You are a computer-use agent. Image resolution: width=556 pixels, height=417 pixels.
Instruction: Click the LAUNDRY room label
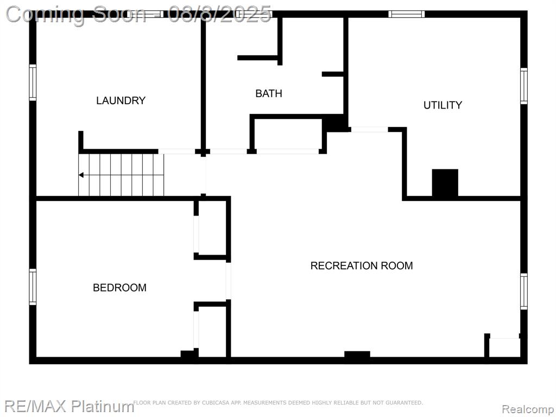[121, 100]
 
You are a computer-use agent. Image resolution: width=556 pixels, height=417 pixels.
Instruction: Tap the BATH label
[269, 93]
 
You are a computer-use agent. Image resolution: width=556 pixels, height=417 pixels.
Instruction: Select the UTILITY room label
[443, 105]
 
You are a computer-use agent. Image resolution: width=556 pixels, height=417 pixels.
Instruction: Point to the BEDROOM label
[120, 287]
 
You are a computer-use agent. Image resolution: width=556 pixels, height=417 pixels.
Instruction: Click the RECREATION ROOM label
[362, 266]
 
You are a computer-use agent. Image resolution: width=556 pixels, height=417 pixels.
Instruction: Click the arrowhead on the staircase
[81, 175]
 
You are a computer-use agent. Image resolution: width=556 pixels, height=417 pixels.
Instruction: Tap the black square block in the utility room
[445, 183]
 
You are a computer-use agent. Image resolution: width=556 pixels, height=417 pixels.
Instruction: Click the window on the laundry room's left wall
[33, 83]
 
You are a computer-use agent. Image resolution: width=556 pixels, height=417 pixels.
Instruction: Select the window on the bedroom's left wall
[33, 287]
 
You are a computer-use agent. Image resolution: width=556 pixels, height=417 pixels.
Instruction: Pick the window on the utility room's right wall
[524, 86]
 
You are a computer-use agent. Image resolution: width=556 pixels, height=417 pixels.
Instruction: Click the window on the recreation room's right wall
[524, 292]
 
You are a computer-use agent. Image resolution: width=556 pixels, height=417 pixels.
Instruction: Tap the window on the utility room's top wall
[406, 14]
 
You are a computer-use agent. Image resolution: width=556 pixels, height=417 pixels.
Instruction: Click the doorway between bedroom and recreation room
[229, 281]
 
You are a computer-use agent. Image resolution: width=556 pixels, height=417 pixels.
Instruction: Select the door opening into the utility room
[369, 129]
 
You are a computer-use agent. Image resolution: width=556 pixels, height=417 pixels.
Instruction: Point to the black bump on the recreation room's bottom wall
[357, 354]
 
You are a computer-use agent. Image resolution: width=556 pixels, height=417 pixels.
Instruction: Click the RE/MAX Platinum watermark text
[69, 406]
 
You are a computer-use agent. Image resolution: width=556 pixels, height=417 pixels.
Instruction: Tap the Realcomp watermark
[527, 409]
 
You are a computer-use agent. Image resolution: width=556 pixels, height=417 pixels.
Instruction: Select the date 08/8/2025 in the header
[220, 15]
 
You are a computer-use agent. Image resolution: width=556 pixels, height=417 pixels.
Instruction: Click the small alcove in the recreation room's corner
[504, 347]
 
